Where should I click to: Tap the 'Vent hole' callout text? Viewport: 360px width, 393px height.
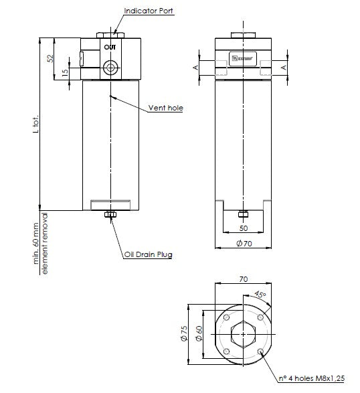click(x=165, y=108)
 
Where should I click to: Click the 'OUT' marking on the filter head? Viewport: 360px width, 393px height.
click(x=110, y=47)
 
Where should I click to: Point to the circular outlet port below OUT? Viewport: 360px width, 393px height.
click(x=110, y=66)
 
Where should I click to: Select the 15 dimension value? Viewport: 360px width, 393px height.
click(x=65, y=73)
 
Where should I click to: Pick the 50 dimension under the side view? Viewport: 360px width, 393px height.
click(x=244, y=228)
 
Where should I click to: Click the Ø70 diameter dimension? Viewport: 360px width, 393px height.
click(x=244, y=243)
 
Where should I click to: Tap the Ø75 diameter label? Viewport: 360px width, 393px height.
click(x=185, y=334)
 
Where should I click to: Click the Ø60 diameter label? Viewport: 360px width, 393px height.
click(x=199, y=334)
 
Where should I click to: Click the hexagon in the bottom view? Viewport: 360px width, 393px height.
click(x=244, y=334)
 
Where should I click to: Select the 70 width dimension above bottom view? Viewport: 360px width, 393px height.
click(x=244, y=278)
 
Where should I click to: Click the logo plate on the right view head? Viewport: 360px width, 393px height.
click(x=242, y=59)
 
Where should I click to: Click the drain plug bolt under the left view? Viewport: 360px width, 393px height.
click(x=110, y=215)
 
